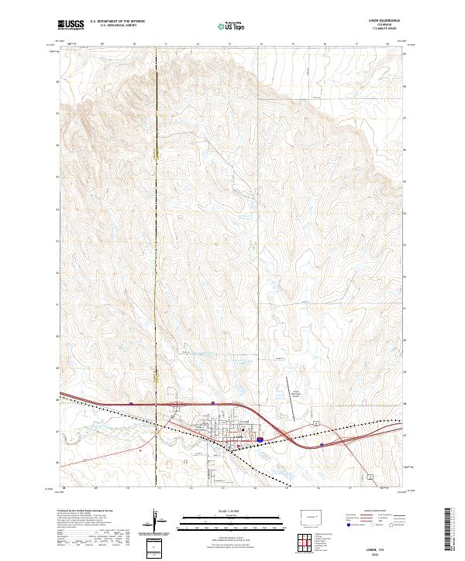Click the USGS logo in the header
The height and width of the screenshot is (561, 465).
(71, 25)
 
